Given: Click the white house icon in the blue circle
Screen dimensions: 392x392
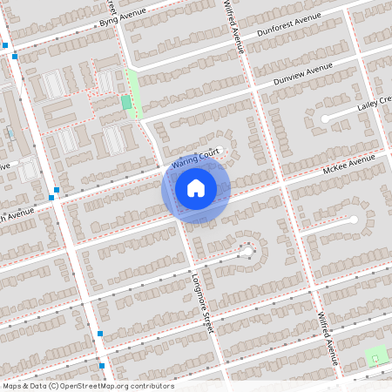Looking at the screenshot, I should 196,187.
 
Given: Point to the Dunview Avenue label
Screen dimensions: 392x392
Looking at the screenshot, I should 303,74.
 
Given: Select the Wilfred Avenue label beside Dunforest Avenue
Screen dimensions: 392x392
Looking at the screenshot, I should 233,26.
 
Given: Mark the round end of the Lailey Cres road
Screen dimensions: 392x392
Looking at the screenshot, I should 324,118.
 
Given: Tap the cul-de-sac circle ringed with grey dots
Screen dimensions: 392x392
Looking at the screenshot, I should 247,252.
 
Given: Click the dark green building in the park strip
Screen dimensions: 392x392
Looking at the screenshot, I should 127,103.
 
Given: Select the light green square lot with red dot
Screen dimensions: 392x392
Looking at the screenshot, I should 376,355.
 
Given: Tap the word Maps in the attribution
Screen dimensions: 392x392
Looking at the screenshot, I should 12,386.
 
